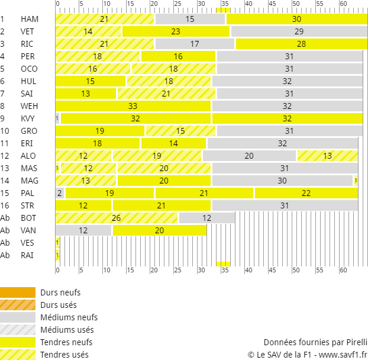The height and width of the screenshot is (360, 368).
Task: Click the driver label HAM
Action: tap(29, 19)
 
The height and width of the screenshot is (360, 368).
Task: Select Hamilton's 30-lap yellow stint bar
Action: tap(296, 19)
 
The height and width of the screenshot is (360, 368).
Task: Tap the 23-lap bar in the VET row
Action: tap(176, 31)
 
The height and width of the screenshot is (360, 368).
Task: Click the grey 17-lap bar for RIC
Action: tap(195, 44)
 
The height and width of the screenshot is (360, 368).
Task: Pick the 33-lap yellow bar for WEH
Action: tap(133, 106)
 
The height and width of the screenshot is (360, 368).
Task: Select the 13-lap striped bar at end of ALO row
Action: tap(327, 156)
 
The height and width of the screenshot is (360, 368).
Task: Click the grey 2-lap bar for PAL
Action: tap(60, 193)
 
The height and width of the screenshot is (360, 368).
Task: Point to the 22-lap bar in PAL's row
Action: tap(306, 193)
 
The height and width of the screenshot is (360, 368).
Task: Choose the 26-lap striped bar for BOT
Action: tap(117, 218)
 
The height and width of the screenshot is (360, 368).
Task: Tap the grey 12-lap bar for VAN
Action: tap(83, 230)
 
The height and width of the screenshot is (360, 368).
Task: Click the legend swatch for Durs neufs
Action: tap(18, 292)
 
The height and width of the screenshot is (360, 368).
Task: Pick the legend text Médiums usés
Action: tap(67, 330)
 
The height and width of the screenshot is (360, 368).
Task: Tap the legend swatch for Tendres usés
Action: tap(18, 355)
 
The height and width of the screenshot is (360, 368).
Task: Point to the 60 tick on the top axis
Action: tap(343, 4)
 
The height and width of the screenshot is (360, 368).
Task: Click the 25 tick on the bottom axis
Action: tap(177, 271)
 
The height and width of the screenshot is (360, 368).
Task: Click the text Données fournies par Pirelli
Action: tap(315, 342)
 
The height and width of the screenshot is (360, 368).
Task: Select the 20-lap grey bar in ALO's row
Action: tap(249, 156)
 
